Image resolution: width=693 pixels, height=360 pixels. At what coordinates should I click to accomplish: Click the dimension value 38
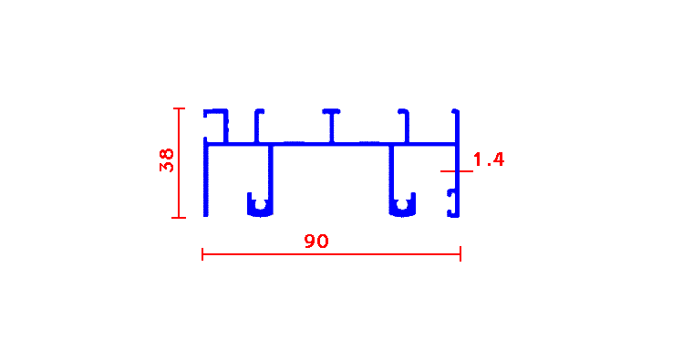[167, 160]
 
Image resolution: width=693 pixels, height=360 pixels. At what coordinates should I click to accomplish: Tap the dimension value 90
[316, 242]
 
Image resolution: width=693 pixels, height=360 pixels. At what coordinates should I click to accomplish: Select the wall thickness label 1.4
[489, 159]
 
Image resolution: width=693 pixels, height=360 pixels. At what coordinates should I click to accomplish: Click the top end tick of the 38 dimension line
[179, 108]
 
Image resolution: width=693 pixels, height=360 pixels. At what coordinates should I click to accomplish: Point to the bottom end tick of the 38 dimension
[179, 217]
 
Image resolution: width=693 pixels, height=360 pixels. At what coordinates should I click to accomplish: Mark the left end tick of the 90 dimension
[202, 254]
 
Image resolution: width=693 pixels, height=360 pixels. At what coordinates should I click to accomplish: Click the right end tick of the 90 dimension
[460, 254]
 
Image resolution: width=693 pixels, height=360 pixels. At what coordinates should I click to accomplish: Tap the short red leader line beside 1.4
[457, 171]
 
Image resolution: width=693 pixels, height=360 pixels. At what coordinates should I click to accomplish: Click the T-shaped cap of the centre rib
[331, 111]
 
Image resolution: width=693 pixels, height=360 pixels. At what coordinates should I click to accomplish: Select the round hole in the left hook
[261, 204]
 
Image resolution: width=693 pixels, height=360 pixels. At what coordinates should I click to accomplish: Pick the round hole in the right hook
[402, 204]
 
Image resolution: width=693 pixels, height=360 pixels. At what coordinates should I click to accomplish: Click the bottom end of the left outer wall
[205, 216]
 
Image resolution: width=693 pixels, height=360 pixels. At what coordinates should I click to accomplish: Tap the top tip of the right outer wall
[457, 110]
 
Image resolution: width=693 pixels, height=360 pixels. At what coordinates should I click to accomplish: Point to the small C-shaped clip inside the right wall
[450, 203]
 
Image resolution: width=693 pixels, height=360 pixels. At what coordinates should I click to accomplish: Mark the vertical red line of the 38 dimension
[179, 163]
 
